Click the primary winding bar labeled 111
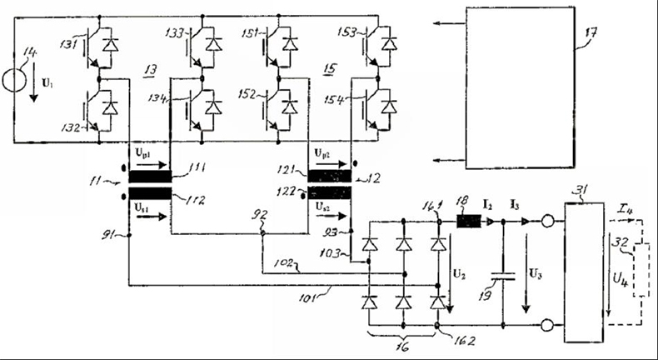tap(149, 176)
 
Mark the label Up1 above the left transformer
tap(142, 156)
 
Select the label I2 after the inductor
tap(490, 204)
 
